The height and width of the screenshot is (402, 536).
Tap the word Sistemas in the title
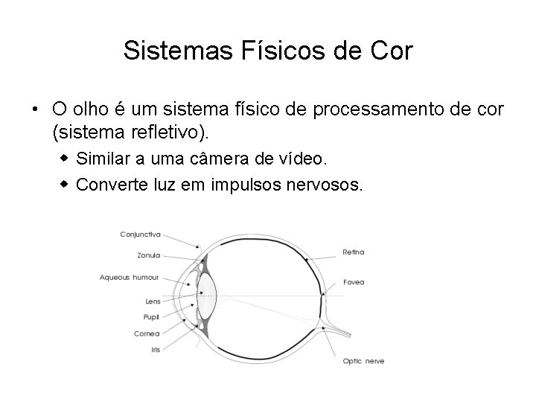click(x=163, y=51)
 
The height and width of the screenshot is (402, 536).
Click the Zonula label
click(x=149, y=255)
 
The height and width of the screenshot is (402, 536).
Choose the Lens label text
click(x=153, y=301)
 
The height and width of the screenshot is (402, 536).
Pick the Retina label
click(x=353, y=252)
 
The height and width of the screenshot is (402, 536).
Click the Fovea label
click(x=354, y=282)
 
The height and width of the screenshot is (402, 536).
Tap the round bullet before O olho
click(x=35, y=109)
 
